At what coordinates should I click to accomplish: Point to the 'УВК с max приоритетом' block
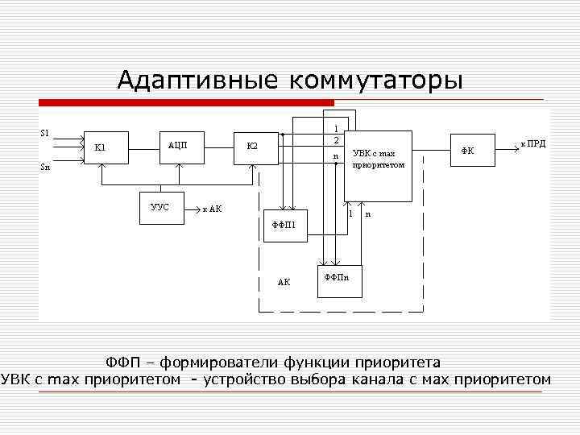click(x=378, y=165)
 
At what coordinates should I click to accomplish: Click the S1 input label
click(x=44, y=132)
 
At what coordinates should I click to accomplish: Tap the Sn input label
click(x=45, y=168)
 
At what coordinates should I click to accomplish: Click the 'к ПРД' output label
click(x=532, y=143)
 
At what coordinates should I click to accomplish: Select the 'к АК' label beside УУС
click(x=212, y=209)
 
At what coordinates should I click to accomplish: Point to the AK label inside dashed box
click(x=284, y=283)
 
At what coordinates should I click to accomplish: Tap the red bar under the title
click(x=186, y=102)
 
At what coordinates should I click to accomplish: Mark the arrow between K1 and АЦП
click(x=142, y=147)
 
